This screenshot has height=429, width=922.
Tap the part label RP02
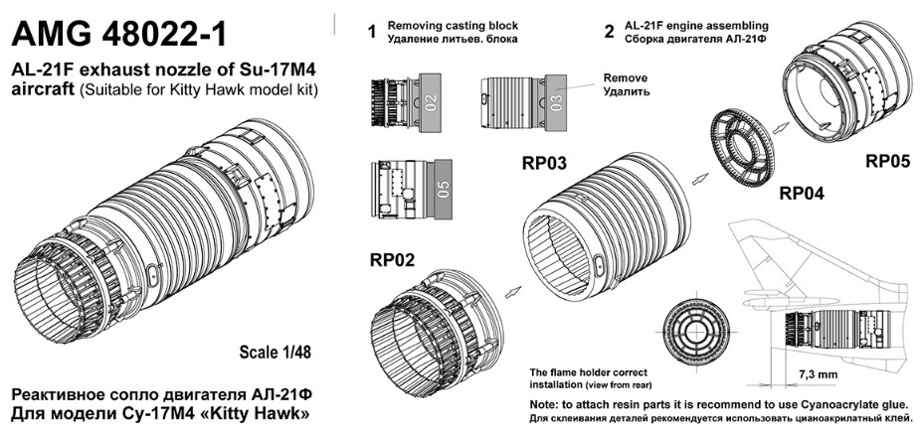(394, 260)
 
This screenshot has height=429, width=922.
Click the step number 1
(371, 33)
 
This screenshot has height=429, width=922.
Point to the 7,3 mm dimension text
(817, 374)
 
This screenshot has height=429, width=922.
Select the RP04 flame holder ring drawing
(740, 149)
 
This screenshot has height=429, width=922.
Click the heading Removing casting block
(438, 24)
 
